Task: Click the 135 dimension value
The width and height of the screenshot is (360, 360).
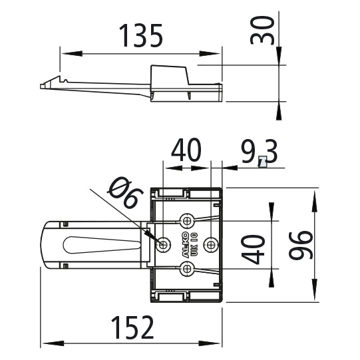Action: point(140,36)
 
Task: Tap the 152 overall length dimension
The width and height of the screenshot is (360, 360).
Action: point(131,327)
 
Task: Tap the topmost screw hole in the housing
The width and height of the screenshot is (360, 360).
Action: point(188,220)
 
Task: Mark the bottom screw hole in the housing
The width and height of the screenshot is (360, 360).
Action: point(188,268)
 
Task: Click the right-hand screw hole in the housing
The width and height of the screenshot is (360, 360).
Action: point(211,244)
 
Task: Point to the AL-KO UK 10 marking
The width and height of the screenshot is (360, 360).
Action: point(176,244)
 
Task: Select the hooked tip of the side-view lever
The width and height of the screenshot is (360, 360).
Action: point(45,85)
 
